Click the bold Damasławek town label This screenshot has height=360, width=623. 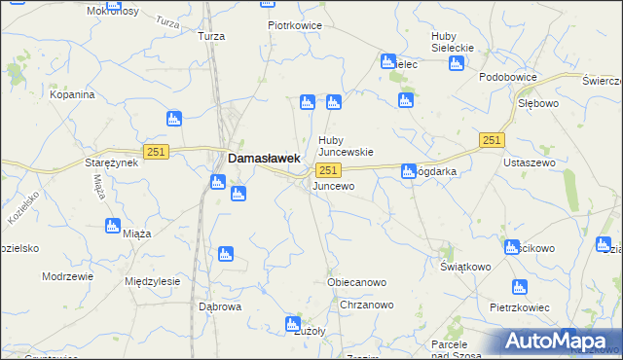pos(263,157)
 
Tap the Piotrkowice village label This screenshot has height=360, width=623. pos(296,26)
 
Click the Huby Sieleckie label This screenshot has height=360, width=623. pos(452,43)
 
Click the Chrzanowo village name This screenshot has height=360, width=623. pos(367,306)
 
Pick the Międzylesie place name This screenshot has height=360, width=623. pos(153,281)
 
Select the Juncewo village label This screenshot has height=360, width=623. pos(333,185)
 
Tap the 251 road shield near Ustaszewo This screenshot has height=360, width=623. pos(492,142)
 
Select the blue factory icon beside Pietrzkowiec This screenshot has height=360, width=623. pos(519,287)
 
